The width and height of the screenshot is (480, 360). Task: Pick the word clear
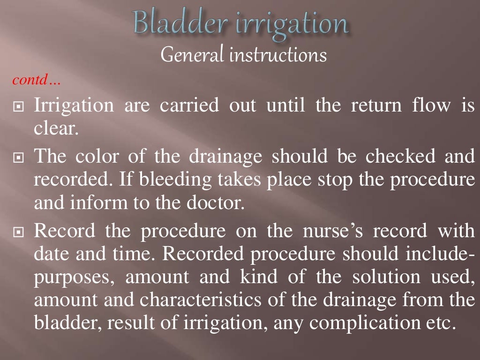[x=55, y=128]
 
